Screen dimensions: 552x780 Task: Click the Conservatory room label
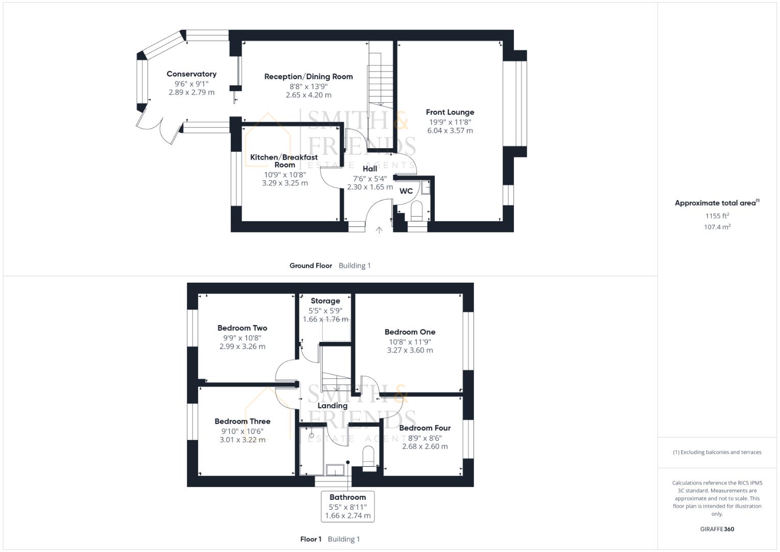192,74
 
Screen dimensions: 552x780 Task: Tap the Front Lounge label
450,112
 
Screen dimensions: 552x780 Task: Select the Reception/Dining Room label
309,77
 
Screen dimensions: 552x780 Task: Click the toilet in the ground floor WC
417,210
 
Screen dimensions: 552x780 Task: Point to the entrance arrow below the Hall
379,230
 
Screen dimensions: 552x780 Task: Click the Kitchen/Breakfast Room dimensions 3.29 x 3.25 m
285,183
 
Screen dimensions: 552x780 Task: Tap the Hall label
370,169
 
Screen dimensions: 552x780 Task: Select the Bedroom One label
410,332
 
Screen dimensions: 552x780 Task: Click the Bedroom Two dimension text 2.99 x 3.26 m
242,347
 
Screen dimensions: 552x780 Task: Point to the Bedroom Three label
242,422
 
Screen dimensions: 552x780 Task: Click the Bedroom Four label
424,428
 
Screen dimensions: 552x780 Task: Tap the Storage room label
325,301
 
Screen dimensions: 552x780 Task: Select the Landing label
333,406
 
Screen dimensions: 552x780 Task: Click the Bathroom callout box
348,506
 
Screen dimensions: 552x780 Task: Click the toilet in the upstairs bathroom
368,456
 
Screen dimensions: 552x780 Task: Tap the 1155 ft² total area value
717,216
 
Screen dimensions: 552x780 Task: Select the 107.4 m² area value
717,227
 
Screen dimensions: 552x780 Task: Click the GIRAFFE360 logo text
717,529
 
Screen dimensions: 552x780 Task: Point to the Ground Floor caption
311,266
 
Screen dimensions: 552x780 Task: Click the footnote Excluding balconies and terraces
717,452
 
